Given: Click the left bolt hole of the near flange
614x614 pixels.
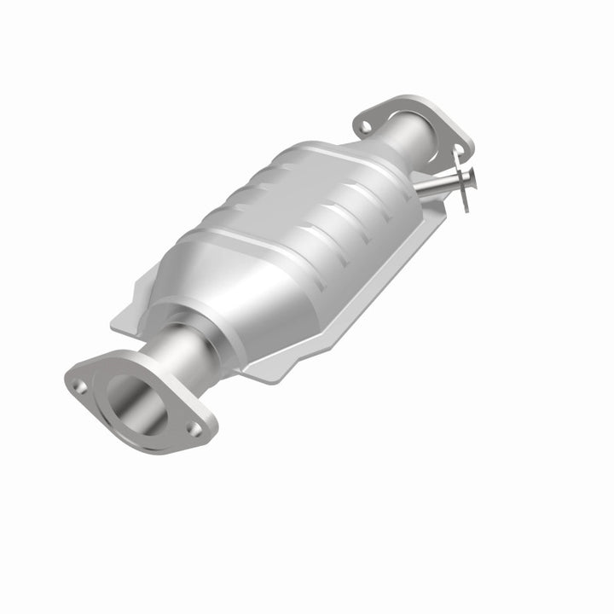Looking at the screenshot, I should [82, 386].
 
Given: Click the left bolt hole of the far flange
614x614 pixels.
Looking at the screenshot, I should [366, 127].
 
